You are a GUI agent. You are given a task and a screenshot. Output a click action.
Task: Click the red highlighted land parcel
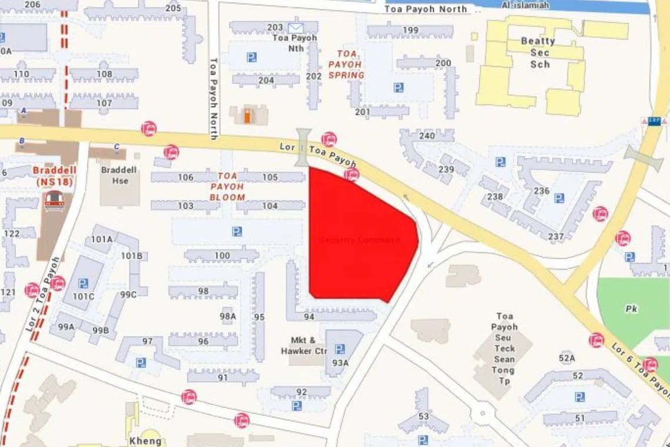pyautogui.click(x=359, y=235)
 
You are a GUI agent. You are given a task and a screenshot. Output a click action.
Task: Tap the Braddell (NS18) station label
pyautogui.click(x=52, y=176)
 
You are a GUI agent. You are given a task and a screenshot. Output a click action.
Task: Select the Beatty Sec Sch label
pyautogui.click(x=538, y=52)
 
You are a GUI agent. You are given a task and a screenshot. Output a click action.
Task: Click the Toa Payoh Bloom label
pyautogui.click(x=227, y=186)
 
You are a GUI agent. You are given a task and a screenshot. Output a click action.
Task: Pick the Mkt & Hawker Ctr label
pyautogui.click(x=303, y=345)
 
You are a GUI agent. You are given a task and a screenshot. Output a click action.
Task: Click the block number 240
pyautogui.click(x=427, y=136)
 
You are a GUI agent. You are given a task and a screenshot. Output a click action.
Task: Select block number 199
pyautogui.click(x=410, y=31)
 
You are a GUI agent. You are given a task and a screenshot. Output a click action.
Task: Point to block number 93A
pyautogui.click(x=340, y=362)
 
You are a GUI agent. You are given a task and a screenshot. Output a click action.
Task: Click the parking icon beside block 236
pyautogui.click(x=559, y=198)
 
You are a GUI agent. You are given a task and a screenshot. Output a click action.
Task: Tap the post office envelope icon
pyautogui.click(x=295, y=27)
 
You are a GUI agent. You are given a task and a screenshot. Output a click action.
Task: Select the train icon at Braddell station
pyautogui.click(x=53, y=201)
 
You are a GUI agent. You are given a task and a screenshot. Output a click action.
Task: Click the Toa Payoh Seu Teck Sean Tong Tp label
pyautogui.click(x=504, y=348)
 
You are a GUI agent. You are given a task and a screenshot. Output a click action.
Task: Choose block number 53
pyautogui.click(x=424, y=416)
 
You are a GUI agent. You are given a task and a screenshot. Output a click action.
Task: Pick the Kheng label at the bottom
pyautogui.click(x=145, y=441)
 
